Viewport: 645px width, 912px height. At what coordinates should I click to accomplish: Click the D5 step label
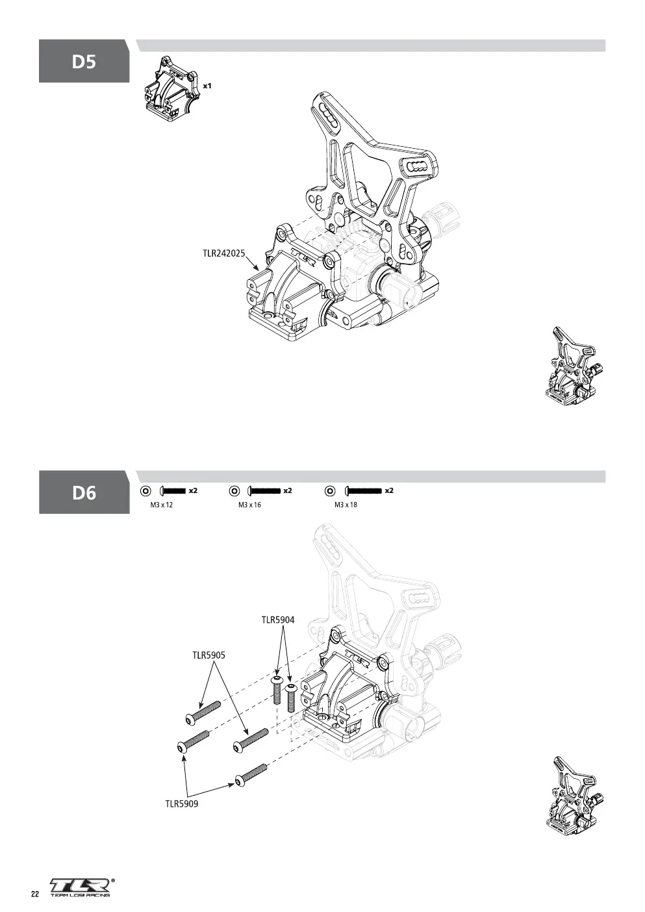coord(84,62)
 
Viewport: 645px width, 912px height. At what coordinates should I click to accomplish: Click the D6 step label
coord(84,492)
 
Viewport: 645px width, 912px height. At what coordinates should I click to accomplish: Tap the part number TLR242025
coord(224,253)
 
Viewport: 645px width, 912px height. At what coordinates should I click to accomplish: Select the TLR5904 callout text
coord(278,620)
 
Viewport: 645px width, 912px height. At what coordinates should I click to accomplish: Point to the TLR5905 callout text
coord(209,655)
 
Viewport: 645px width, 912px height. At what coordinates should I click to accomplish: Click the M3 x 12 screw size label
coord(161,505)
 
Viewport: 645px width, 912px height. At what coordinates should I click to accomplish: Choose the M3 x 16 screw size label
coord(249,505)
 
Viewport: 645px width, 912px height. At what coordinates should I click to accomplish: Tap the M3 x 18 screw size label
coord(346,505)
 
